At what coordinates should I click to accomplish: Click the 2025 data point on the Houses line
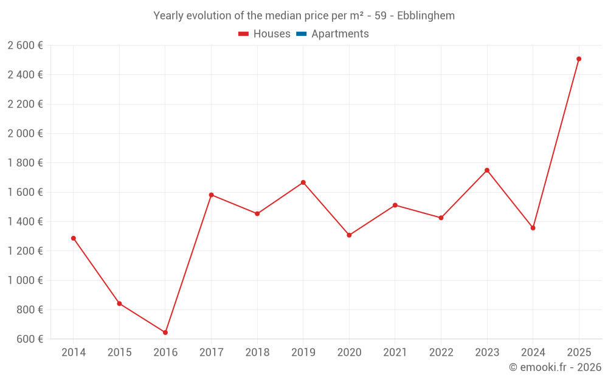579,59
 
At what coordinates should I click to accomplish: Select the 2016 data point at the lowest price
165,333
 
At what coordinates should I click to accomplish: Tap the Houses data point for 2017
211,195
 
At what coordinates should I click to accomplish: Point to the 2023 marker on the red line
487,170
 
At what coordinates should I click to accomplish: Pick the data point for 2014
74,238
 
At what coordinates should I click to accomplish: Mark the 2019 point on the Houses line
303,182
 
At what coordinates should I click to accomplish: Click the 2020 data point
349,235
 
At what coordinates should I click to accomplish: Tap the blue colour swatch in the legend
301,34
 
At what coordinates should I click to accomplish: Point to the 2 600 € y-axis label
26,45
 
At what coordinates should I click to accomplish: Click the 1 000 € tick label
26,280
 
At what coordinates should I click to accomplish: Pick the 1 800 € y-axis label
26,163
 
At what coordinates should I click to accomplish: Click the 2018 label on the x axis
257,353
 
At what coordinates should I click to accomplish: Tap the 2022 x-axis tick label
441,353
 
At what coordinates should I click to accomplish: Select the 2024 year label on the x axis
533,353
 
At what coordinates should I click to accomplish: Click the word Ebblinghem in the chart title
426,16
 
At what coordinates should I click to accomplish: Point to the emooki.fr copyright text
555,367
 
